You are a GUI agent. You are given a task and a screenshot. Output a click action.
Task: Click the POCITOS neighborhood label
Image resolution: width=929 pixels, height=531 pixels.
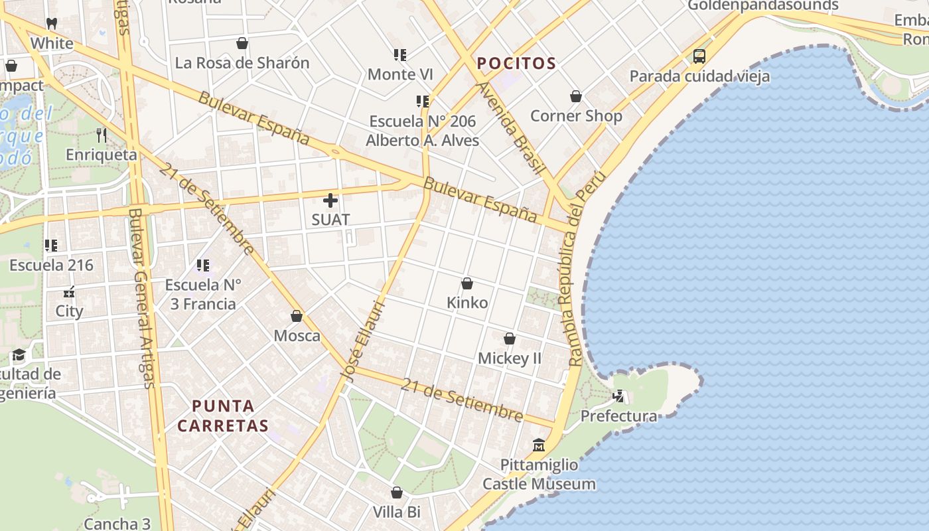tap(516, 64)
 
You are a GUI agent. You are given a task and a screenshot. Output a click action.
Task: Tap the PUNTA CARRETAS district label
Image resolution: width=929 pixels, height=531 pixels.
tap(223, 416)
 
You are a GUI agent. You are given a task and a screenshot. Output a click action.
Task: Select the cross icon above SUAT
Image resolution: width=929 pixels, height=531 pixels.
tap(330, 200)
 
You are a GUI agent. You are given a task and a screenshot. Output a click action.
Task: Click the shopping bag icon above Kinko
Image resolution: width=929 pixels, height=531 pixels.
tap(467, 283)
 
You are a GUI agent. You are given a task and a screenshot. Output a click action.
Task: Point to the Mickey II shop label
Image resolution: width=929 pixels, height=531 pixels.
tap(510, 358)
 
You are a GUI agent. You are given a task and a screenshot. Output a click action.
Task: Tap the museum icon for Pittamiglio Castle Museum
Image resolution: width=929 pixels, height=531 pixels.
tap(539, 445)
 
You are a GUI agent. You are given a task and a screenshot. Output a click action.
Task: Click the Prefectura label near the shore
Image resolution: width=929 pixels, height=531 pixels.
tap(618, 416)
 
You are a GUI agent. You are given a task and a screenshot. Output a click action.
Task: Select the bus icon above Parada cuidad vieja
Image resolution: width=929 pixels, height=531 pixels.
tap(699, 56)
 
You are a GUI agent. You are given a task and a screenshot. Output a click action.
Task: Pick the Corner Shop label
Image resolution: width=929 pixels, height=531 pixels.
tap(576, 116)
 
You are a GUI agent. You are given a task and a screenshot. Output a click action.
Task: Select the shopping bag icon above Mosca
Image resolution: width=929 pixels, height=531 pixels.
tap(297, 316)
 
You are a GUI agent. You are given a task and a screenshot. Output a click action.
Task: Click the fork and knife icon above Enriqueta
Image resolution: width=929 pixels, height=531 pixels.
tap(102, 135)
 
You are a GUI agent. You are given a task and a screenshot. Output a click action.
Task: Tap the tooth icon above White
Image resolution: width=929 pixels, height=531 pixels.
tap(52, 24)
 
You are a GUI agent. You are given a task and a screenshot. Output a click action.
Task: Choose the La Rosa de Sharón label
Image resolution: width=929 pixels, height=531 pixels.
tap(242, 63)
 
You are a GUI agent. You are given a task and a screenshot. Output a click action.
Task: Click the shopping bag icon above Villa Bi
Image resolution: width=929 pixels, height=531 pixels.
tap(397, 493)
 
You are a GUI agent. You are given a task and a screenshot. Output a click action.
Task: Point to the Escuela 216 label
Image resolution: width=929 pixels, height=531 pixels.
tap(51, 265)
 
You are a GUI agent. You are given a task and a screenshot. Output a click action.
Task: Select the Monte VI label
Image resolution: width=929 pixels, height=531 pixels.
tap(400, 74)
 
